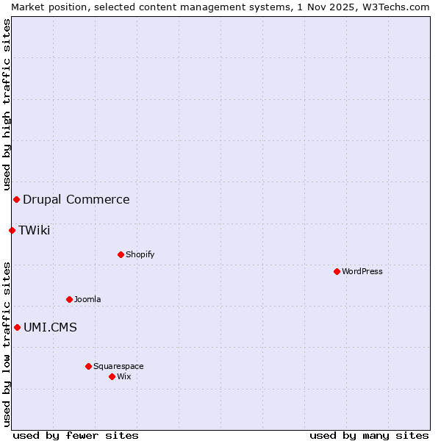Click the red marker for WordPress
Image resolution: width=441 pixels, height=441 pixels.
coord(337,271)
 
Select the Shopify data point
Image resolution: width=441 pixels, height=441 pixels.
coord(121,254)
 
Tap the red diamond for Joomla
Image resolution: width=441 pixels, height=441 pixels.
coord(69,299)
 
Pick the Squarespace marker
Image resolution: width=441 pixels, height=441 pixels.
coord(88,366)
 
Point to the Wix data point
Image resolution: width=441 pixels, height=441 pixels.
coord(112,376)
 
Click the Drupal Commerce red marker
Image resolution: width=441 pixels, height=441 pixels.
coord(16,199)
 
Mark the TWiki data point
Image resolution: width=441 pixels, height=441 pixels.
coord(12,230)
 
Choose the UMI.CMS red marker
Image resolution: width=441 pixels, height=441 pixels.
coord(17,327)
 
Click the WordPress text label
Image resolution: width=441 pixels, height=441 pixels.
coord(362,271)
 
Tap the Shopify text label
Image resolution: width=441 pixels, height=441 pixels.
coord(140,254)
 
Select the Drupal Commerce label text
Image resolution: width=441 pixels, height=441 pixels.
coord(76,199)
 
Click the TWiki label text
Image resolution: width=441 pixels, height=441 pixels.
coord(35,230)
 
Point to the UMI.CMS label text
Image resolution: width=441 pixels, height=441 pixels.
coord(50,327)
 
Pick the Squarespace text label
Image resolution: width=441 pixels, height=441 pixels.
coord(118,366)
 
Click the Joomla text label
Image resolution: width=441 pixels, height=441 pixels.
coord(87,299)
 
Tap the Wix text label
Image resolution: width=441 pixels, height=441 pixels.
coord(124,376)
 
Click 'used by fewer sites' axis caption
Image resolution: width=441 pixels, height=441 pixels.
coord(76,435)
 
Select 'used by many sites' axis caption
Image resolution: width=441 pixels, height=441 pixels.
coord(369,435)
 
